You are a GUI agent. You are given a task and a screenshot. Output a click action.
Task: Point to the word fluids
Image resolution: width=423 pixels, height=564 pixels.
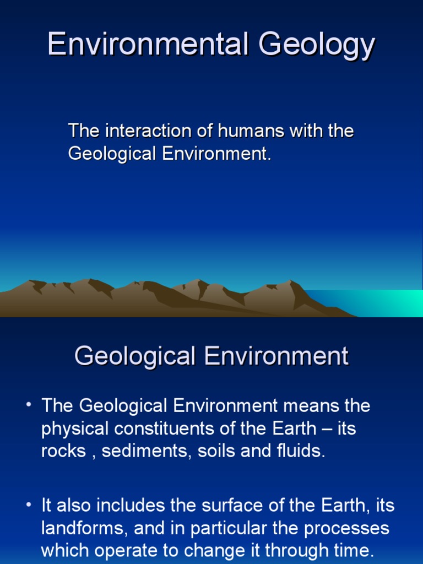pyautogui.click(x=301, y=451)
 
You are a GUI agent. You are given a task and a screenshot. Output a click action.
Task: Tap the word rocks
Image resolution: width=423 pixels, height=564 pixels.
pyautogui.click(x=64, y=451)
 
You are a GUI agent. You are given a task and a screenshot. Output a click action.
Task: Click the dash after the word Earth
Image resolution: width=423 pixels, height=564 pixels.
pyautogui.click(x=326, y=429)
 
